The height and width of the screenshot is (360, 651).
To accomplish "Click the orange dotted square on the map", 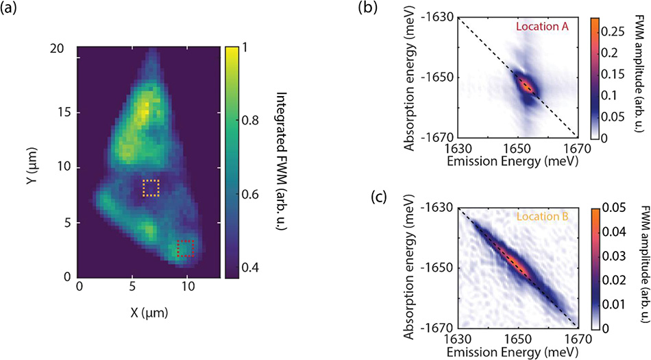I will pyautogui.click(x=151, y=188).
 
